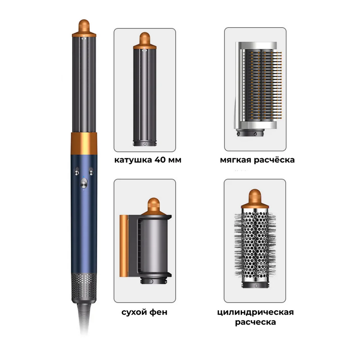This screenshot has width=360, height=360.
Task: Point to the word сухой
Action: tap(134, 313)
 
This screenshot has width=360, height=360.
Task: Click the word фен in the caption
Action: tap(159, 312)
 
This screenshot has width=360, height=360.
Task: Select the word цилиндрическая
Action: tap(255, 313)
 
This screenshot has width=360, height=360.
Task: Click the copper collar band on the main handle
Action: tap(84, 143)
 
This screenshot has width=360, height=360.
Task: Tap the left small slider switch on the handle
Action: tap(77, 171)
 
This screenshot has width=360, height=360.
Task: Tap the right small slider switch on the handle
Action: tap(91, 171)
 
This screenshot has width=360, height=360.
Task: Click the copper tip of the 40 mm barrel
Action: tap(145, 41)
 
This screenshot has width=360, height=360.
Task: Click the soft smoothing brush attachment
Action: tap(258, 89)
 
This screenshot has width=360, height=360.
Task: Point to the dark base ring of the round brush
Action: tap(255, 285)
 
